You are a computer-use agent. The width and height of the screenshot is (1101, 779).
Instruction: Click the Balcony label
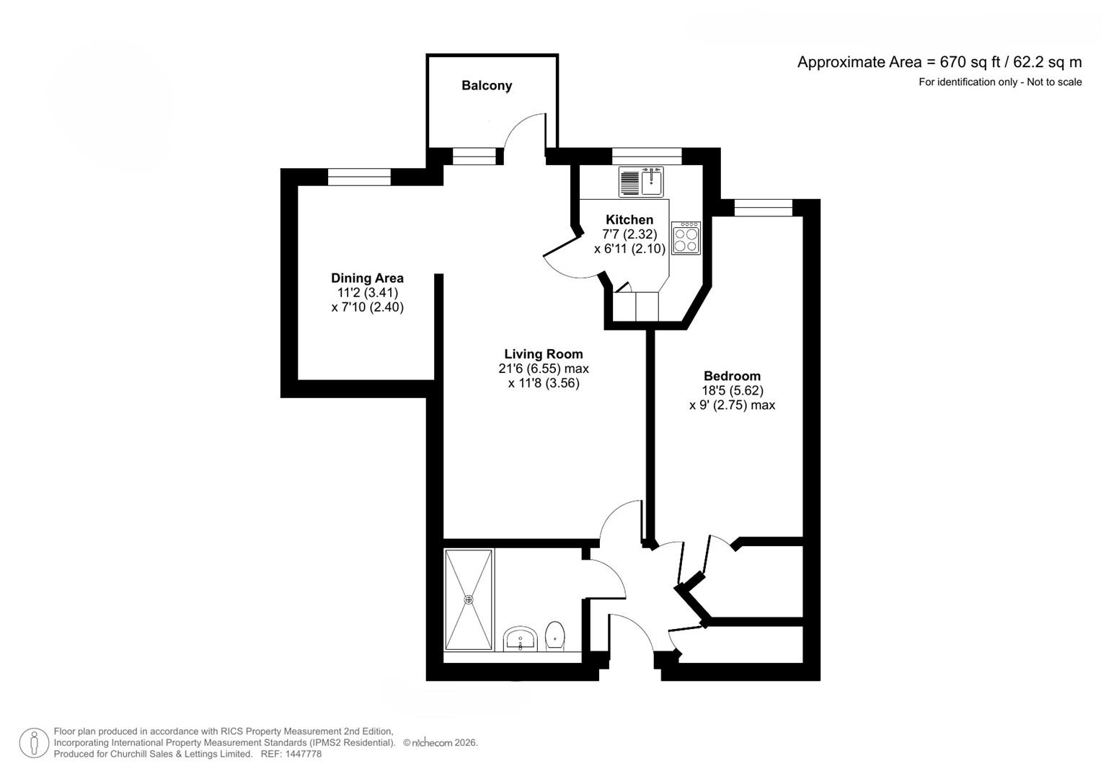[x=487, y=86]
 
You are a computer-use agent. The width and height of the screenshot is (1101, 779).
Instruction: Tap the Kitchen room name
[x=629, y=220]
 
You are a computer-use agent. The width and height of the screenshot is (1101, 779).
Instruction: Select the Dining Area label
[x=367, y=278]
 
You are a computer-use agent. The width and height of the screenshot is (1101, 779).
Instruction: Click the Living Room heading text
[x=543, y=354]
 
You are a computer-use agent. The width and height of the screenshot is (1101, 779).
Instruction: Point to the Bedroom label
[x=732, y=376]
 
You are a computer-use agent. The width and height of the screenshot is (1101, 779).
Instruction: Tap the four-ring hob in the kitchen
[x=686, y=238]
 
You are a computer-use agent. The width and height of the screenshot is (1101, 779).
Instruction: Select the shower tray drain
[x=469, y=599]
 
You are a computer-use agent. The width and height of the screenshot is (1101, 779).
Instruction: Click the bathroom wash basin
[x=520, y=638]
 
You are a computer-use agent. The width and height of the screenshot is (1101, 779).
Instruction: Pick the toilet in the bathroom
[x=554, y=635]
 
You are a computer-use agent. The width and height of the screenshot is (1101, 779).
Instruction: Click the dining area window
[x=359, y=177]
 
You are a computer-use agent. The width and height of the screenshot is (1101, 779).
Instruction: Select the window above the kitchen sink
[x=646, y=156]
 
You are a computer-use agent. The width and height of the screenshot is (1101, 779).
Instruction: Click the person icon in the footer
[x=34, y=743]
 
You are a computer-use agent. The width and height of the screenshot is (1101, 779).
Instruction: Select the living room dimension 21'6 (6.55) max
[x=543, y=369]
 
